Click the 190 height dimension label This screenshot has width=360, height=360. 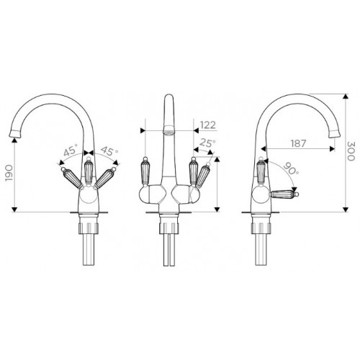(x=9, y=173)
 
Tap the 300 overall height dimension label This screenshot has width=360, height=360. (x=351, y=151)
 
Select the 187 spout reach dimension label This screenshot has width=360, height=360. (x=299, y=143)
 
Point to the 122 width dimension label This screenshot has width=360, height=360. (x=208, y=125)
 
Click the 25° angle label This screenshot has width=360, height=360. (x=207, y=143)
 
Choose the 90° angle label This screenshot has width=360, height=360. (x=292, y=168)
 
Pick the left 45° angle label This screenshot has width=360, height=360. (x=71, y=150)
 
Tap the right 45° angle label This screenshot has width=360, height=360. (x=109, y=150)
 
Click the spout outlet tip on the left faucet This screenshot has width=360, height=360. (x=14, y=133)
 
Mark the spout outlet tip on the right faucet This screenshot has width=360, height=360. (x=335, y=133)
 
